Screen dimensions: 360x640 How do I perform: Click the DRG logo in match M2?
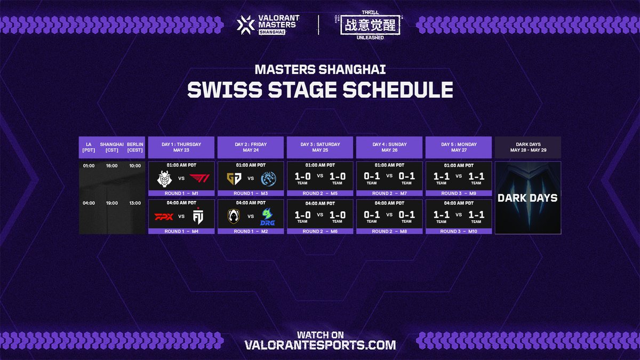pyautogui.click(x=268, y=217)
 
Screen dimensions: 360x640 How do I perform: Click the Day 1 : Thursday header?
pyautogui.click(x=181, y=147)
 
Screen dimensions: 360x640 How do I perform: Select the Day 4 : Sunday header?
pyautogui.click(x=389, y=147)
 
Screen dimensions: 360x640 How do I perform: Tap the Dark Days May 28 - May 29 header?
pyautogui.click(x=528, y=147)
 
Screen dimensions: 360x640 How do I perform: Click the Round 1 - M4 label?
pyautogui.click(x=181, y=231)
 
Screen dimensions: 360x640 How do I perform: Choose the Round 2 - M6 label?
pyautogui.click(x=320, y=231)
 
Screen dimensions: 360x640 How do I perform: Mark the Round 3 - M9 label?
pyautogui.click(x=459, y=194)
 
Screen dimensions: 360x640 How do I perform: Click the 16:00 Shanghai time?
pyautogui.click(x=111, y=166)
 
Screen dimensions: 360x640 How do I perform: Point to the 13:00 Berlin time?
pyautogui.click(x=134, y=203)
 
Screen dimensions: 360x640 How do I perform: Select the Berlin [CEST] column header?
pyautogui.click(x=134, y=147)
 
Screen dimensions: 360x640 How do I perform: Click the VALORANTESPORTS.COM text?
pyautogui.click(x=320, y=345)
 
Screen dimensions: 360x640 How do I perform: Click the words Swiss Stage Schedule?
pyautogui.click(x=320, y=90)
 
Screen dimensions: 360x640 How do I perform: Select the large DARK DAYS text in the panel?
pyautogui.click(x=527, y=198)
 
